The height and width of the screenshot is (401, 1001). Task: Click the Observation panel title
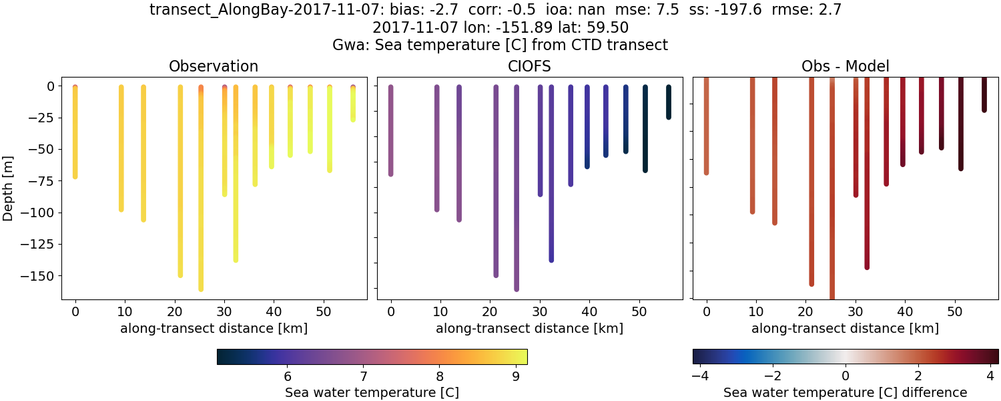pyautogui.click(x=213, y=66)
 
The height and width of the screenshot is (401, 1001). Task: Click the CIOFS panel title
pyautogui.click(x=530, y=66)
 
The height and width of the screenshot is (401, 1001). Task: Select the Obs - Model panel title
pyautogui.click(x=845, y=66)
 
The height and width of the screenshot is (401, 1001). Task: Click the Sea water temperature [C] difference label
pyautogui.click(x=845, y=392)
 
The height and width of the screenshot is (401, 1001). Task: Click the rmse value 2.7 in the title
pyautogui.click(x=830, y=10)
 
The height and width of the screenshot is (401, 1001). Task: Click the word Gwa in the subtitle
pyautogui.click(x=348, y=45)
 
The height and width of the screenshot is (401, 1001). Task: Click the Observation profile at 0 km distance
pyautogui.click(x=75, y=134)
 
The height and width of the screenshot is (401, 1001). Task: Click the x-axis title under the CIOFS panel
pyautogui.click(x=530, y=328)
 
